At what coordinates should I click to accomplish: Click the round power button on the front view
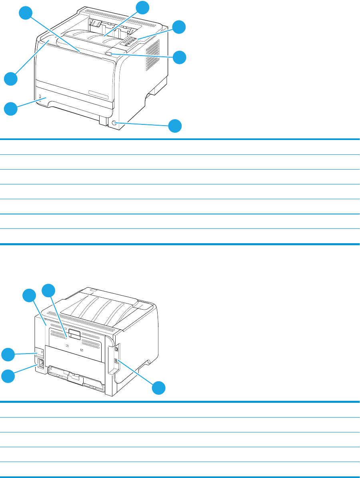(x=114, y=124)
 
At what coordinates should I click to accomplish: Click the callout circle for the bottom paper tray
(x=11, y=109)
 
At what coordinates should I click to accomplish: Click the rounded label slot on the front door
(x=98, y=94)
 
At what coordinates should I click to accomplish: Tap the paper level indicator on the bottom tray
(x=40, y=98)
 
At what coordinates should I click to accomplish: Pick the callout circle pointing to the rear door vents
(x=49, y=290)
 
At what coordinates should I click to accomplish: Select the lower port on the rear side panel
(x=116, y=362)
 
